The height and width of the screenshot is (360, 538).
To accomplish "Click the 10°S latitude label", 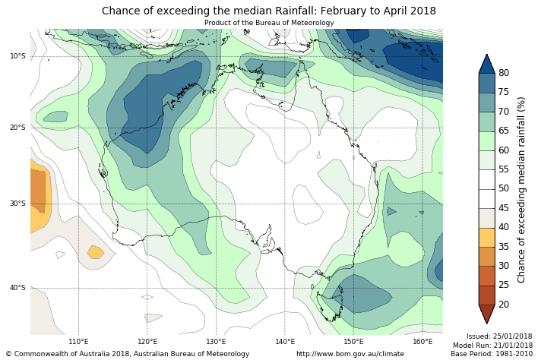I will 17,56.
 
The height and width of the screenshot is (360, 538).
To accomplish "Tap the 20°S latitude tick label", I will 17,127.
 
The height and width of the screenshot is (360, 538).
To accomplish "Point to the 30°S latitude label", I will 17,204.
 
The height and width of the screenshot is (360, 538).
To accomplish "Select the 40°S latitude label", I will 17,288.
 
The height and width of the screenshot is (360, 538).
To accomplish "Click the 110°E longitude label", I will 79,342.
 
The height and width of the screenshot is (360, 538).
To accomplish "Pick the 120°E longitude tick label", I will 147,342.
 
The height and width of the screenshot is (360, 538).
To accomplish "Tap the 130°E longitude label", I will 217,342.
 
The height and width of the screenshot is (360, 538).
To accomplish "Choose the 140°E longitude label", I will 285,342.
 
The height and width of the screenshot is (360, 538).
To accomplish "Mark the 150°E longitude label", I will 353,342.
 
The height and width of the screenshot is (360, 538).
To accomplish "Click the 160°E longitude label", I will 422,342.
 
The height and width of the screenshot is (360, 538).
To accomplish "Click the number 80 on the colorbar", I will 503,73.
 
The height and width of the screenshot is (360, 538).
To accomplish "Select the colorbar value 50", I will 503,188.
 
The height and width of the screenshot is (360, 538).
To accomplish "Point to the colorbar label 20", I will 503,305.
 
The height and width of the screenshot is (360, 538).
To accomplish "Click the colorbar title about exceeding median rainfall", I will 522,189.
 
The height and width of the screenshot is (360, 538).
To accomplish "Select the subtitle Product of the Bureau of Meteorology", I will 269,23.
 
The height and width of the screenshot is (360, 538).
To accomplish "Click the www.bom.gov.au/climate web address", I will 350,354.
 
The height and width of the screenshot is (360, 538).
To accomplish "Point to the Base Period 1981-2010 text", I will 492,354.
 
